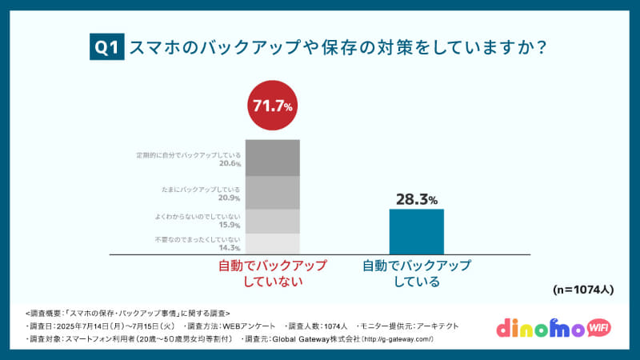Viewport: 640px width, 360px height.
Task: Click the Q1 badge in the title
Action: coord(106,48)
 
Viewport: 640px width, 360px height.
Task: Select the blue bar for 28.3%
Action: coord(416,231)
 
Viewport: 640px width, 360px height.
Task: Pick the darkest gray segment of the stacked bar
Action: coord(272,157)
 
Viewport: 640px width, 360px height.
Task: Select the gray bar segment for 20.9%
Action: coord(272,193)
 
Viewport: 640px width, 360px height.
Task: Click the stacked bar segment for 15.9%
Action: coord(272,221)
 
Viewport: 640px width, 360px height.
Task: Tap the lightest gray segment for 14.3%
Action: coord(272,243)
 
